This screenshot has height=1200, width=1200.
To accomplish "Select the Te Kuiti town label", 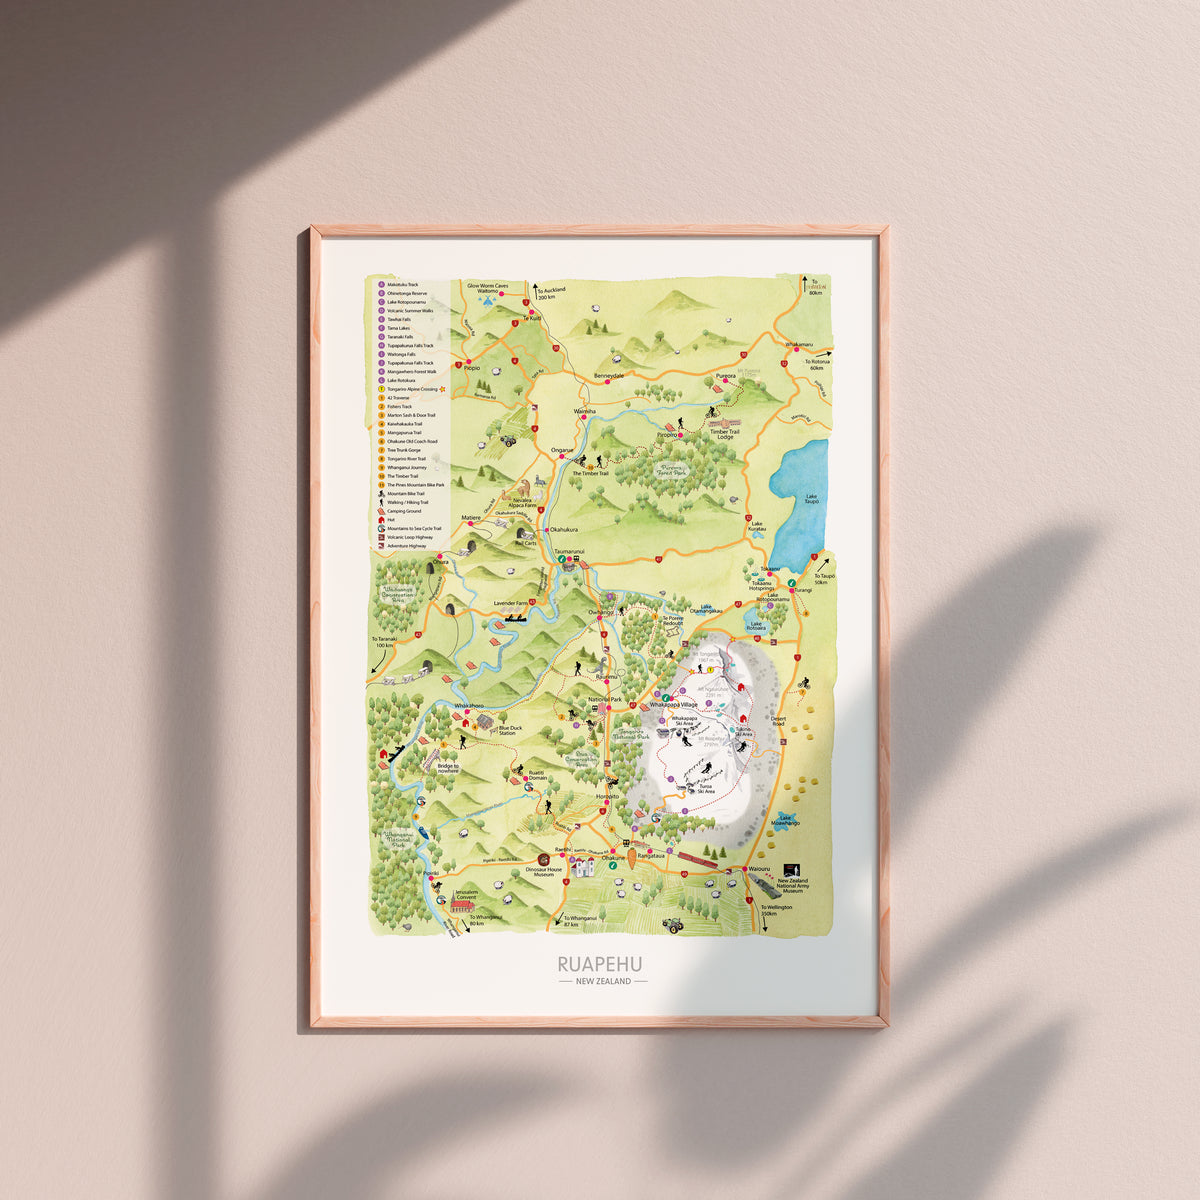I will [532, 317].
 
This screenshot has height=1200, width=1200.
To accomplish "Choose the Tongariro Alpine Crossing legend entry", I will [413, 389].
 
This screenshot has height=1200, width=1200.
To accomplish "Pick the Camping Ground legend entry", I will [405, 511].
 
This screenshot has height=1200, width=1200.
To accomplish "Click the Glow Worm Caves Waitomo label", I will [488, 289].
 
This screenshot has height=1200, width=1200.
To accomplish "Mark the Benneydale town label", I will [608, 376].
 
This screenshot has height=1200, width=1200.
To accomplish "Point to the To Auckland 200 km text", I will [552, 293].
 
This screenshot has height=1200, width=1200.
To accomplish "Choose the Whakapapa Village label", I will [678, 705].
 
